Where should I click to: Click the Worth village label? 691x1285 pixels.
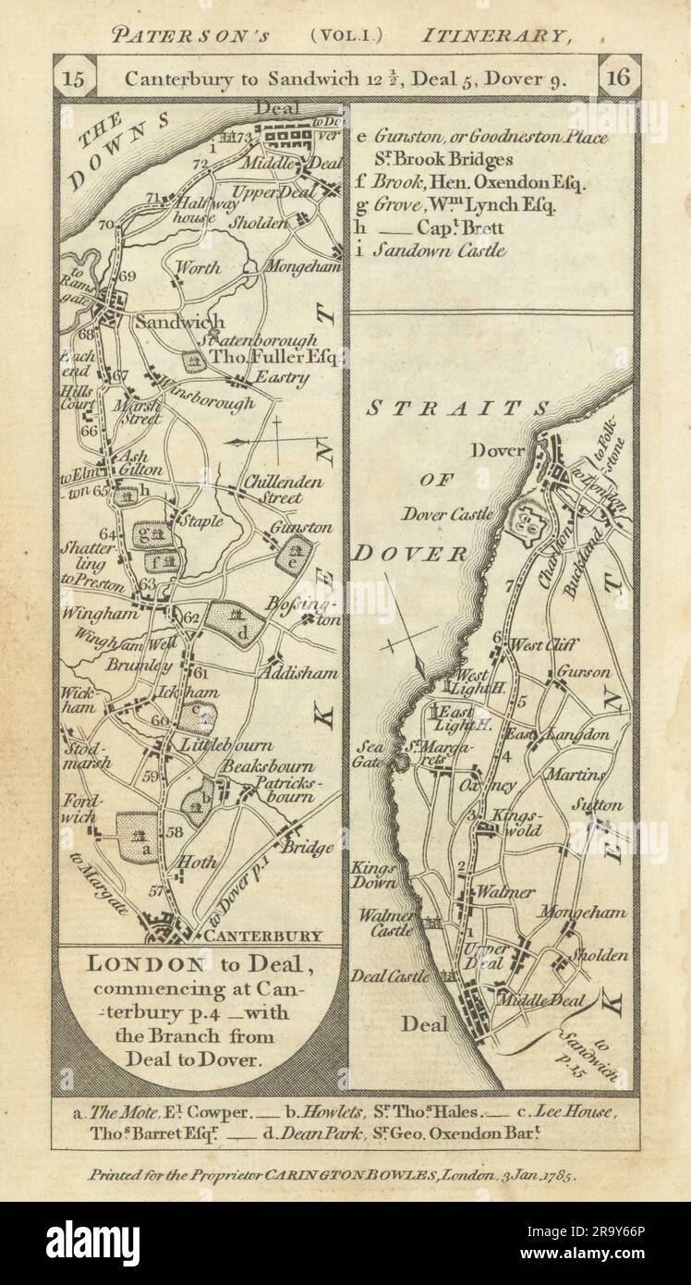(x=199, y=268)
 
